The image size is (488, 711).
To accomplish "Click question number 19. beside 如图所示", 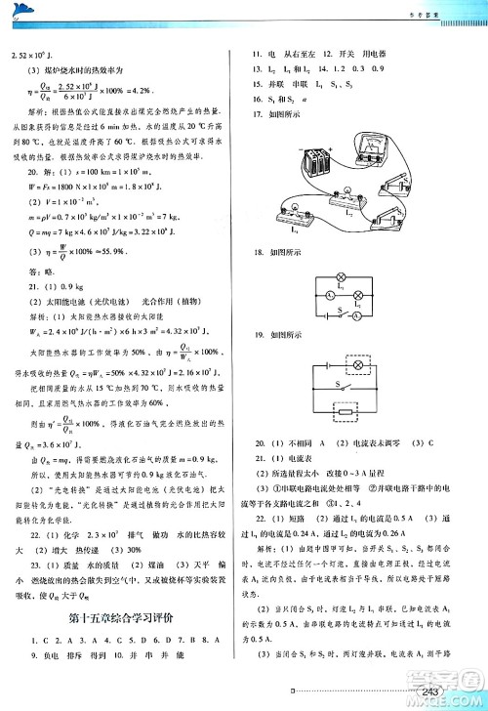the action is (259, 359).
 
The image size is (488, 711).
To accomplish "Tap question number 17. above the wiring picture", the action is (259, 114).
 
